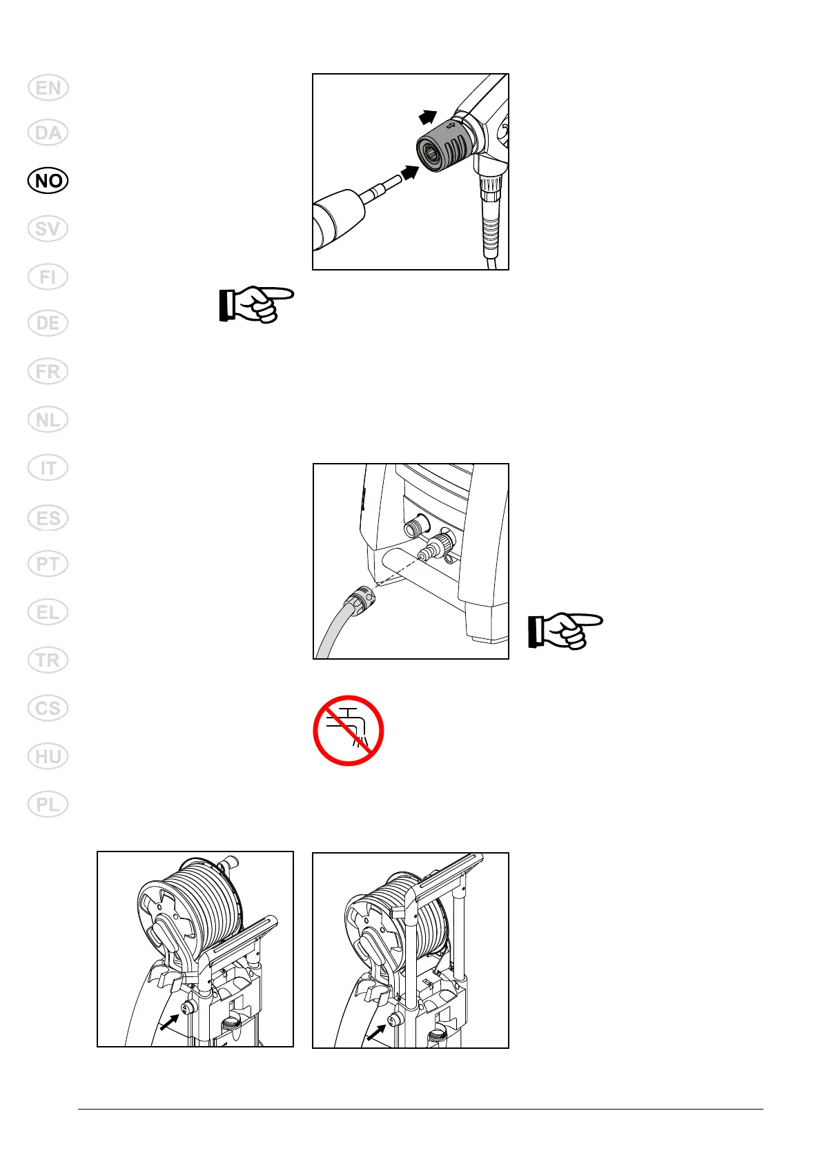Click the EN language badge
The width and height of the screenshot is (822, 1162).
tap(48, 88)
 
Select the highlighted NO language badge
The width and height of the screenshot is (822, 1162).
tap(48, 181)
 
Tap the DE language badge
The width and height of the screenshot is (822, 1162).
tap(48, 323)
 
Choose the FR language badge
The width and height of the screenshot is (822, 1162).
tap(48, 371)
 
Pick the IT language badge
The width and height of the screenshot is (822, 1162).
tap(48, 469)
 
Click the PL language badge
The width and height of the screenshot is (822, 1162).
tap(48, 805)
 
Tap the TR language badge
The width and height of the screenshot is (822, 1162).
tap(48, 660)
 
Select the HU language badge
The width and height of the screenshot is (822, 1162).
tap(48, 757)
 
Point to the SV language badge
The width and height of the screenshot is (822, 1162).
tap(48, 228)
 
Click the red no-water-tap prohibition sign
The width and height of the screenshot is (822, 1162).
tap(349, 730)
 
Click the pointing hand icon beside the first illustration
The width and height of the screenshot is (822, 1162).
tap(256, 304)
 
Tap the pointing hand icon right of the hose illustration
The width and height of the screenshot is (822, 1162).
tap(565, 631)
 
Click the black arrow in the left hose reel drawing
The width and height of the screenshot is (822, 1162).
tap(168, 1021)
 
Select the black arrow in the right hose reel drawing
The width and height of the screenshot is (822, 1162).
tap(376, 1032)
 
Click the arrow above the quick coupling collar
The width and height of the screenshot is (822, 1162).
tap(428, 117)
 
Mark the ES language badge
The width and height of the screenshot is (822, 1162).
tap(48, 518)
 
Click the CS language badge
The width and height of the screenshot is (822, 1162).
tap(48, 709)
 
